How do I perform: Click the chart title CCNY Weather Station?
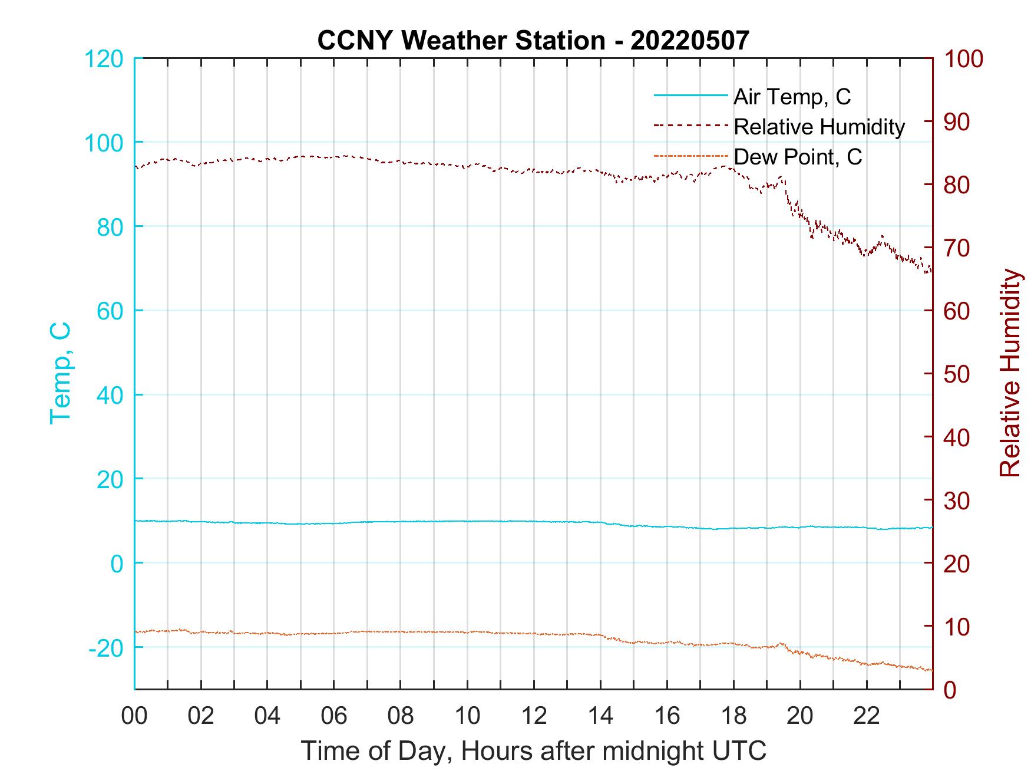[x=533, y=40]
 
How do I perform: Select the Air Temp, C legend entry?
[x=792, y=96]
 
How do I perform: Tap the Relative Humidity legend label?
[x=819, y=127]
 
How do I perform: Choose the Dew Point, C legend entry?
[x=798, y=157]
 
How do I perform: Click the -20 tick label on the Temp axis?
[x=106, y=648]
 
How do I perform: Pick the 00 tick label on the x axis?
[x=134, y=716]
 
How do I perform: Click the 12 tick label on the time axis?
[x=534, y=716]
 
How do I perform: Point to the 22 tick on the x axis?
[x=867, y=716]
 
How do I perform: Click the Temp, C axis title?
[x=60, y=373]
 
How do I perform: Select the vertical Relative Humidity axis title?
[x=1010, y=373]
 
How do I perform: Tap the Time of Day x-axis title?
[x=534, y=751]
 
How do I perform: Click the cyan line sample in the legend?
[x=690, y=95]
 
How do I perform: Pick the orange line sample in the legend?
[x=690, y=156]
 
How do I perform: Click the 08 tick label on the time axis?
[x=401, y=716]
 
